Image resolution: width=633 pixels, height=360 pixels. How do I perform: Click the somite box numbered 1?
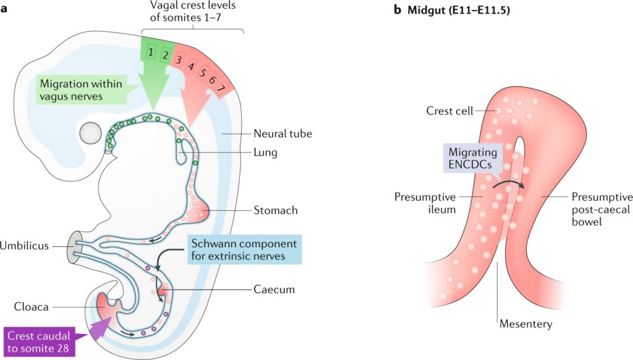151,53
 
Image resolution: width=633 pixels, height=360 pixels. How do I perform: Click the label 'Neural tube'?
283,133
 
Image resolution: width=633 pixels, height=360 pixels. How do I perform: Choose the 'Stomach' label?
276,210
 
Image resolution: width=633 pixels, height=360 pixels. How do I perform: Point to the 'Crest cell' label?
449,111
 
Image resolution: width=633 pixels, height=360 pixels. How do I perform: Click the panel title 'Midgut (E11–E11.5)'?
451,10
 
